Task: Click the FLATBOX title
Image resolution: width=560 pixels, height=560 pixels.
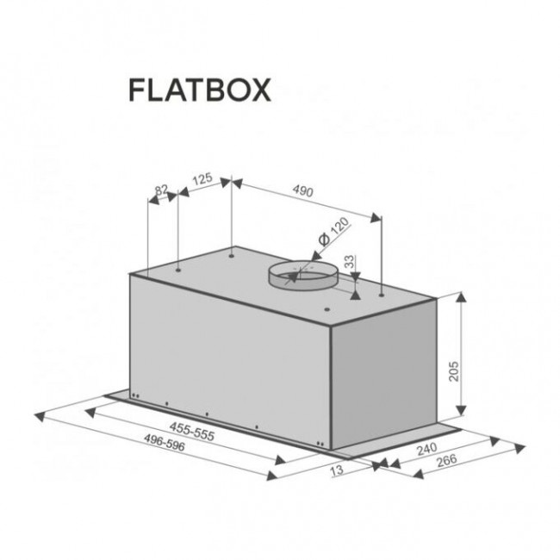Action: (x=200, y=90)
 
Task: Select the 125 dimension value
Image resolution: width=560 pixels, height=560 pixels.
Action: (x=202, y=178)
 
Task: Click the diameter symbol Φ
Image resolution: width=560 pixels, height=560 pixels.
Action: (x=321, y=240)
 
